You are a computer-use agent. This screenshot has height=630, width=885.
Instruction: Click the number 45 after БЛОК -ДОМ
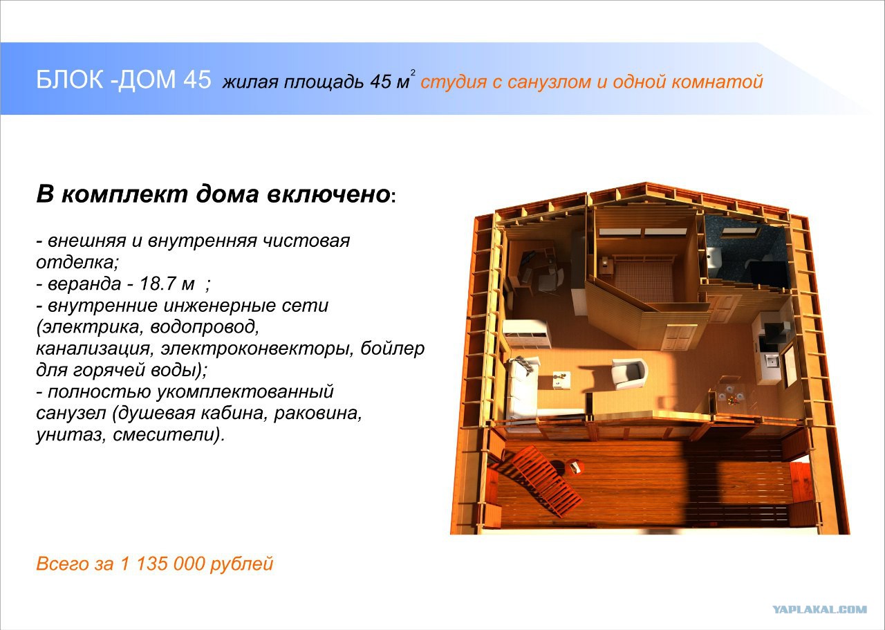pos(197,80)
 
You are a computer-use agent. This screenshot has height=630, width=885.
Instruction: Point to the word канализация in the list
pos(93,349)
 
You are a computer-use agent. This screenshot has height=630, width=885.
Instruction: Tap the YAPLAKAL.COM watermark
pos(820,609)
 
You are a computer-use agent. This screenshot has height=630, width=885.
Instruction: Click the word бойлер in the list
pos(393,349)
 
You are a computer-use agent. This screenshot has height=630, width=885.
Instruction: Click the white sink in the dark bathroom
pos(714,259)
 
